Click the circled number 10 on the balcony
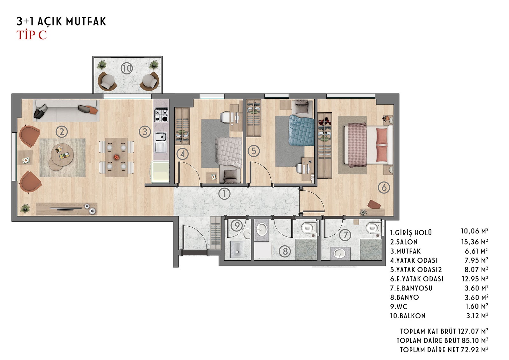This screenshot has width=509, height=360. click(127, 68)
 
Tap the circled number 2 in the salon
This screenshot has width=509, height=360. click(62, 132)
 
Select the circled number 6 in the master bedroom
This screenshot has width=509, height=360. click(384, 187)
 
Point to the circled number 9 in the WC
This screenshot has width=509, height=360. click(237, 225)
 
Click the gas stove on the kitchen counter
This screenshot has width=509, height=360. click(161, 116)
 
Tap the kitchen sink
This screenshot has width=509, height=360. click(160, 142)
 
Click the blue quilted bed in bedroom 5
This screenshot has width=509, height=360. click(302, 131)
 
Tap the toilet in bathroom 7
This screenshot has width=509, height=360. click(374, 227)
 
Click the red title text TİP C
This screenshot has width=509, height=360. click(31, 35)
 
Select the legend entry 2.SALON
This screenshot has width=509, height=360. click(404, 242)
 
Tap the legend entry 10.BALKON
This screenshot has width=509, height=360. click(408, 316)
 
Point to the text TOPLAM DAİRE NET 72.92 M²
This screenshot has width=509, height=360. click(444, 349)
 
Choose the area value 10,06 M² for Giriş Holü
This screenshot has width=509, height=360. click(475, 231)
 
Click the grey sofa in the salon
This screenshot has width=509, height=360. click(66, 111)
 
